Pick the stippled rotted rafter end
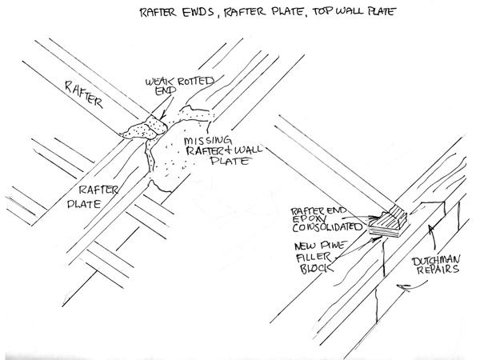click(144, 127)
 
